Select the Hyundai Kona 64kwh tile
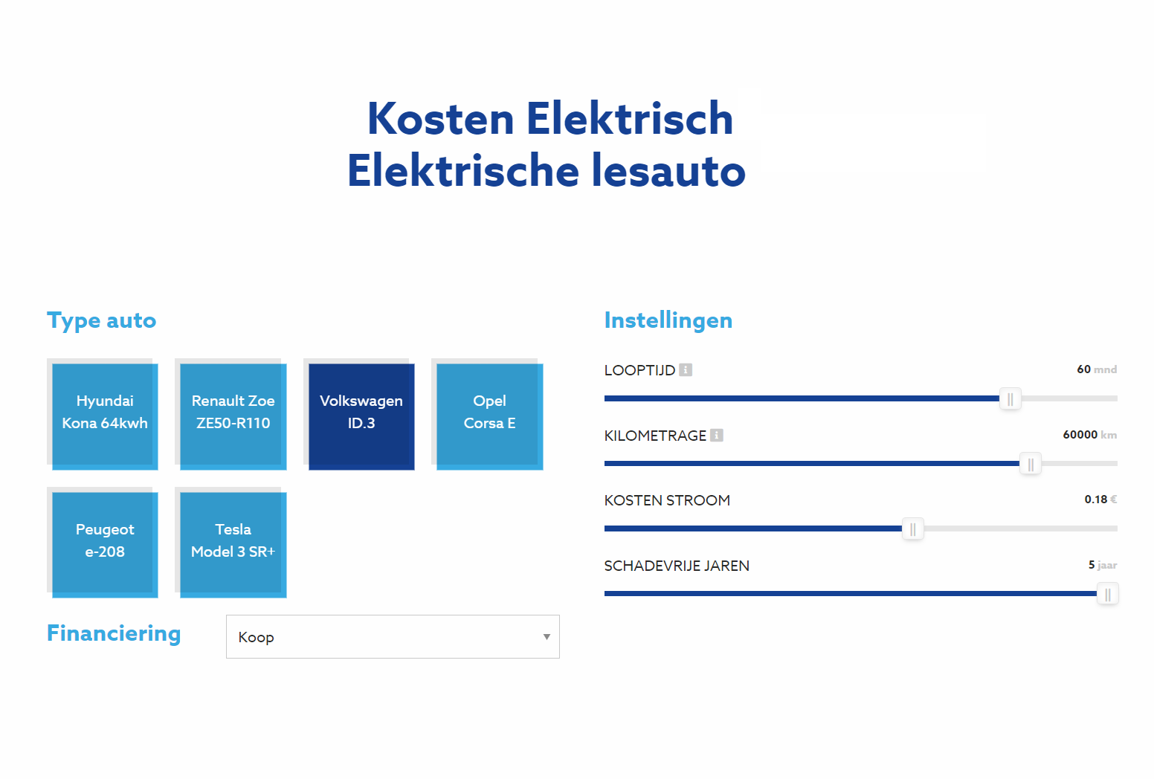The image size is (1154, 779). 105,416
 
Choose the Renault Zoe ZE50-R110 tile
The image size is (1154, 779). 233,416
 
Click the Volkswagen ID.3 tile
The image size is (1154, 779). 361,416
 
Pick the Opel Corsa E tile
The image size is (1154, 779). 490,416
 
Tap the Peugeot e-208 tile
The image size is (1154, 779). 105,545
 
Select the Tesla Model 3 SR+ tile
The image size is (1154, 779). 233,545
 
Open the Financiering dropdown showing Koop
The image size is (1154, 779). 393,636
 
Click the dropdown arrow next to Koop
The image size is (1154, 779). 547,637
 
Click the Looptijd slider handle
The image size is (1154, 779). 1010,399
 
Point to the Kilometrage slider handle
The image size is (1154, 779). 1031,465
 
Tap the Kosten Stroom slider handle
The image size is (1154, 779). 913,529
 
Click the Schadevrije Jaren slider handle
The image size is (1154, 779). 1108,595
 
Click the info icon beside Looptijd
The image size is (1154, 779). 686,369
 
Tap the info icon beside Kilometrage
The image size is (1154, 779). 717,435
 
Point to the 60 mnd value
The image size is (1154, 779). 1097,369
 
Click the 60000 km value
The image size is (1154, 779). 1090,435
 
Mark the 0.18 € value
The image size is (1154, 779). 1101,500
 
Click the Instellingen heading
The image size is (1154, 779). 668,320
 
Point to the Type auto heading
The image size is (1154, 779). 101,321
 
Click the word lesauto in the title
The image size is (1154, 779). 668,170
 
